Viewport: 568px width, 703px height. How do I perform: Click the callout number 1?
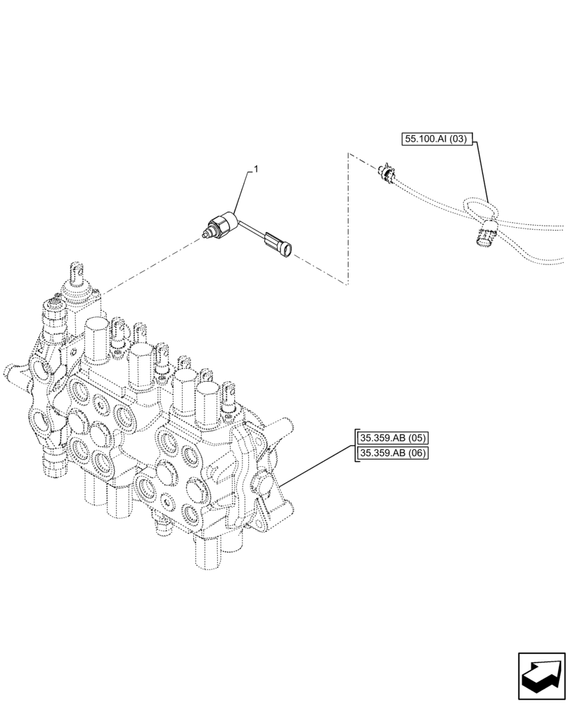[x=257, y=169]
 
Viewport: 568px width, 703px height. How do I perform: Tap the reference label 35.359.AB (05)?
[x=392, y=438]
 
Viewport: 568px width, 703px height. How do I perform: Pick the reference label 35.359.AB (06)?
[x=392, y=453]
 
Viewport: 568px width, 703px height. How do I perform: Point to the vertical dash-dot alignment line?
[x=347, y=218]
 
